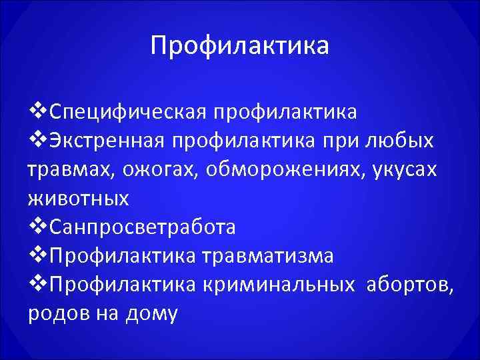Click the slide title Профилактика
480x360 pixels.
[239, 46]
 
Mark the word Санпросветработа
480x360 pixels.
[143, 227]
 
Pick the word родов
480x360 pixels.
[54, 314]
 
